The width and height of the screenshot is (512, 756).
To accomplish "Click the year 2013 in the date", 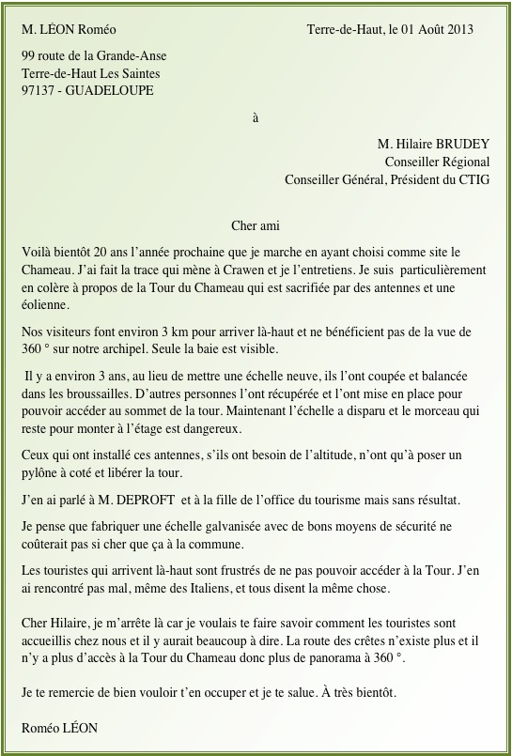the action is (459, 29).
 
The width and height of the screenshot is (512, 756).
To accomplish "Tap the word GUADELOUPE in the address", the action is (114, 90).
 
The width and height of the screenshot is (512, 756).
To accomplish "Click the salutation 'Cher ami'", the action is (255, 225).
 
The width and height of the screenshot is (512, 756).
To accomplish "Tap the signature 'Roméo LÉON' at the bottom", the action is (59, 728).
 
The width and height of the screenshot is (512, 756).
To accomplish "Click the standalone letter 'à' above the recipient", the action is (256, 119).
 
